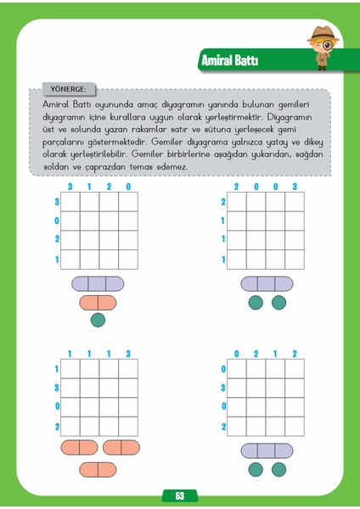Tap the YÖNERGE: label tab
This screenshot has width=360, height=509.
pos(64,87)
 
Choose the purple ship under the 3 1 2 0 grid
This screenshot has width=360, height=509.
pos(98,283)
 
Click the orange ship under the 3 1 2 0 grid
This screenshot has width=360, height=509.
pos(98,302)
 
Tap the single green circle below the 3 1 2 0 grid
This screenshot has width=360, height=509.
pos(98,320)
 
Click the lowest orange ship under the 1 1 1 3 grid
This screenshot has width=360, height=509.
pos(98,469)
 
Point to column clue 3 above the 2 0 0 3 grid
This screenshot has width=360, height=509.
pos(295,187)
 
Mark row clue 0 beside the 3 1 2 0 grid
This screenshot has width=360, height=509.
pos(58,221)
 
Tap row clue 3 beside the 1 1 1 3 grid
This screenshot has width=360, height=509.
pos(58,388)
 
